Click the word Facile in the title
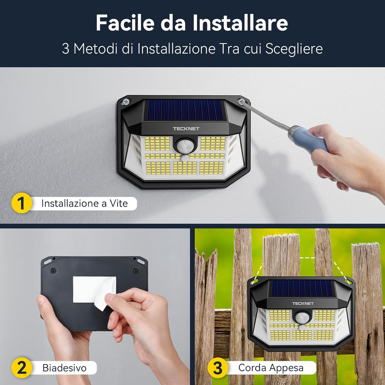[125, 23]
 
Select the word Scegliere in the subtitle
[294, 49]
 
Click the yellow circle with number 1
[22, 203]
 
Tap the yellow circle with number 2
[22, 368]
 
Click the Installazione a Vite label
[84, 204]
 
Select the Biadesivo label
[64, 368]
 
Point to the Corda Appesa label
[271, 368]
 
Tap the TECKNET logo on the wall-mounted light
[186, 129]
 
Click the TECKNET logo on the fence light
[303, 303]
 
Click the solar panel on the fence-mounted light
[302, 288]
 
